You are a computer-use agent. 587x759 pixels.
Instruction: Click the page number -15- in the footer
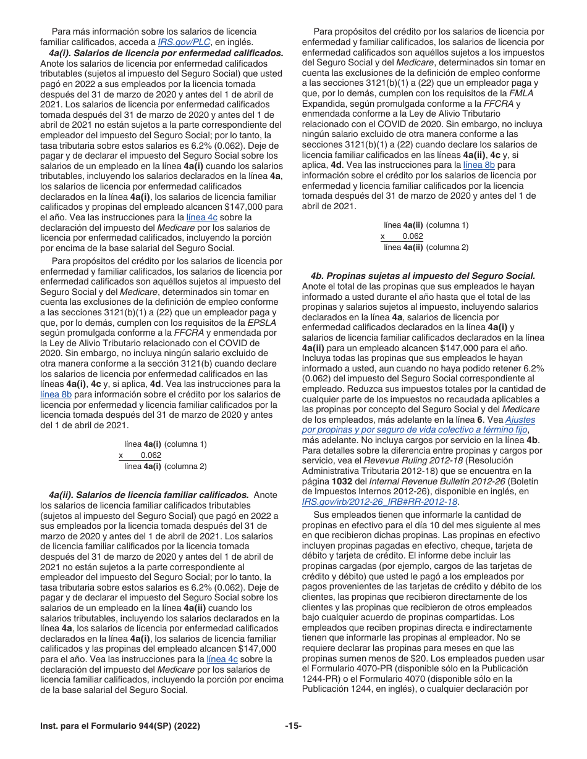tap(293, 726)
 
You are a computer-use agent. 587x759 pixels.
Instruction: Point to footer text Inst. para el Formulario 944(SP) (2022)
tap(120, 726)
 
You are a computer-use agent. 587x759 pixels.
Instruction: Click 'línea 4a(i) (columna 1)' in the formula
tap(166, 444)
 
